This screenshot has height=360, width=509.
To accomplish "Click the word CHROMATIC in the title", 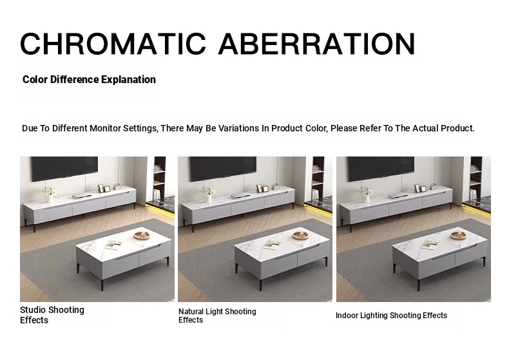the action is pos(113,44).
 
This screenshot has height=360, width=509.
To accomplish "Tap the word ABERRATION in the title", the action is pos(317,44).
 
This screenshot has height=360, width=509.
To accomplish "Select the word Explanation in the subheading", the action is pos(129,80).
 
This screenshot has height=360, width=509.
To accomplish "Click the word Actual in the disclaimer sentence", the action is pos(425,128).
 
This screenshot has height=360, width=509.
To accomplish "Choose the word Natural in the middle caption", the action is pos(191,312).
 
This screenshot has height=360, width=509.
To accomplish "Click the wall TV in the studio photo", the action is pos(64,169).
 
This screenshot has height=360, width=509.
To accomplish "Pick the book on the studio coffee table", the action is pos(113,245).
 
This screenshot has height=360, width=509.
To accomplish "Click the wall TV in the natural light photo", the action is pos(223,169).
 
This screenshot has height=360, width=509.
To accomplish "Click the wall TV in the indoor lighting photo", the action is pos(381,169).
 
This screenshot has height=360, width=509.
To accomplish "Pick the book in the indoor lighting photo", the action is pos(430,245).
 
